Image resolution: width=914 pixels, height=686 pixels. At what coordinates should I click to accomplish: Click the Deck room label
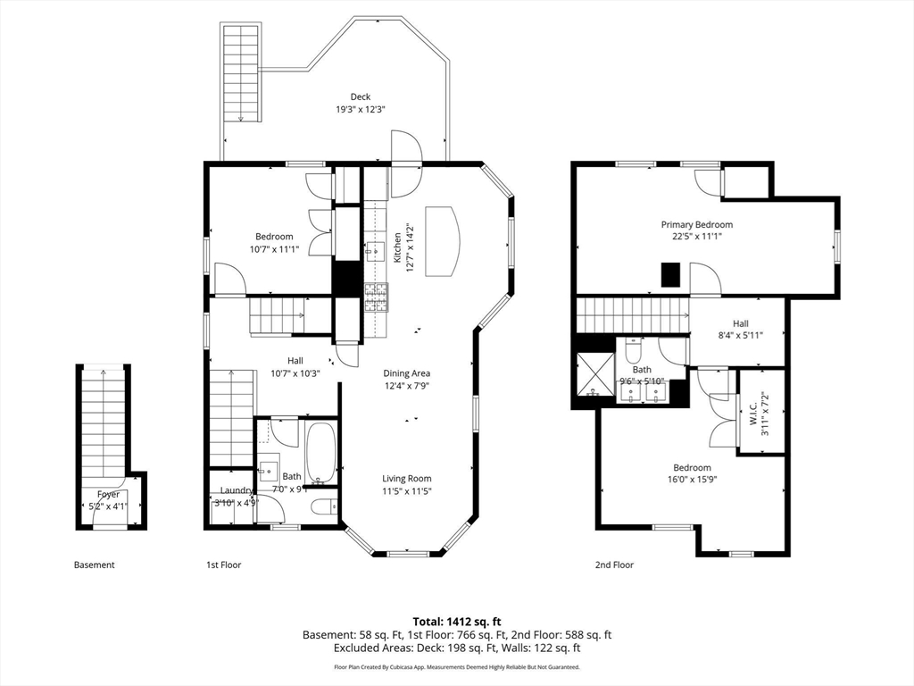click(361, 96)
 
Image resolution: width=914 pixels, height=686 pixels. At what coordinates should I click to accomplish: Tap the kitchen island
click(443, 240)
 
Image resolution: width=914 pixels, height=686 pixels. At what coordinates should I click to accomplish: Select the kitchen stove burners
click(377, 297)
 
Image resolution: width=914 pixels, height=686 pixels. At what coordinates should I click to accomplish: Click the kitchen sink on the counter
click(376, 251)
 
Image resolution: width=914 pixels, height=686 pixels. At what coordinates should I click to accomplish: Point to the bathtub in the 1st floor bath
click(320, 453)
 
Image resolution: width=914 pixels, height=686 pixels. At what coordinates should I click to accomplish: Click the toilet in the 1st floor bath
click(323, 507)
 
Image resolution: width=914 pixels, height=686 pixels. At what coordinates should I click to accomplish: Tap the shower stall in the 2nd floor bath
click(595, 374)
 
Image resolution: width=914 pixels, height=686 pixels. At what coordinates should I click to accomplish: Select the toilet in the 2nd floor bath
click(633, 349)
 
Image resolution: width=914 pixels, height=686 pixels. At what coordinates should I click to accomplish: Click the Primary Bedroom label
click(696, 224)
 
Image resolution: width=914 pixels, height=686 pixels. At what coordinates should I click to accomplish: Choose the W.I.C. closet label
click(752, 413)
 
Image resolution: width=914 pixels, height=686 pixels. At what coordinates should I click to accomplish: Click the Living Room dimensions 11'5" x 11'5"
click(407, 491)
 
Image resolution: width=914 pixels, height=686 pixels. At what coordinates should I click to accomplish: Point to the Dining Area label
click(407, 373)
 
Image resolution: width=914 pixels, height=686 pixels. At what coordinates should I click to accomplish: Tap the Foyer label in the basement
click(108, 495)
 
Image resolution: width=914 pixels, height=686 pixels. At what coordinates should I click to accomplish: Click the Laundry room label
click(237, 490)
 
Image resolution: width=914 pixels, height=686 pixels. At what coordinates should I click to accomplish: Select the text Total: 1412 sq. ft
click(457, 622)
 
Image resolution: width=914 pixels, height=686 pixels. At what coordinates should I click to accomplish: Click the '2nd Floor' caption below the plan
click(614, 565)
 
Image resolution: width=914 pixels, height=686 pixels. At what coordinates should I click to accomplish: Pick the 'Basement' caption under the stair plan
click(95, 565)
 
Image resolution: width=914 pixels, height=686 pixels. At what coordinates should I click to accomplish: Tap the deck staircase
click(240, 72)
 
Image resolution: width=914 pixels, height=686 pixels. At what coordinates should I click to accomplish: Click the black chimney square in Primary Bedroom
click(670, 275)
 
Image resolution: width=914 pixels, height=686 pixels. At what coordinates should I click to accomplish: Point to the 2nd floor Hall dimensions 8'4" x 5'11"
click(740, 336)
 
